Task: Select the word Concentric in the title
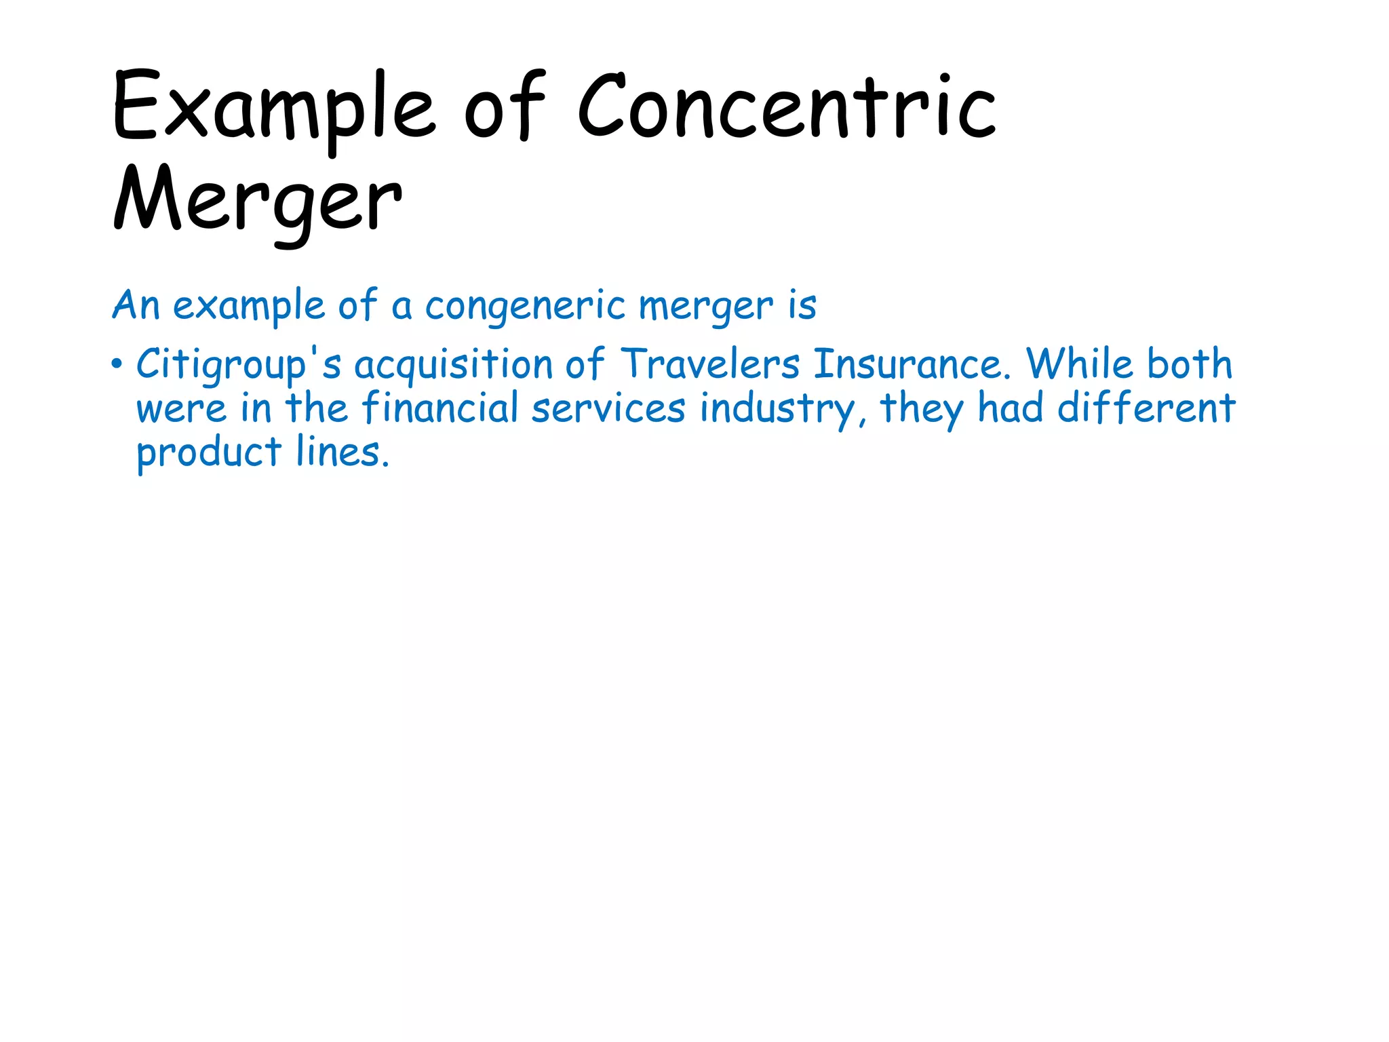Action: pyautogui.click(x=787, y=109)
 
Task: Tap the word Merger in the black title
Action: pyautogui.click(x=258, y=201)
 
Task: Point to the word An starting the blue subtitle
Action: pyautogui.click(x=136, y=305)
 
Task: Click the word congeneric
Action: pyautogui.click(x=525, y=307)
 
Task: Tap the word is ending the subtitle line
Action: pyautogui.click(x=802, y=305)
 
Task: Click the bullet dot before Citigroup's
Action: pyautogui.click(x=117, y=364)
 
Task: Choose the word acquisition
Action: pyautogui.click(x=454, y=365)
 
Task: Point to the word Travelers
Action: pyautogui.click(x=710, y=364)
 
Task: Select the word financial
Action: pyautogui.click(x=440, y=408)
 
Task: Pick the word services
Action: pyautogui.click(x=608, y=408)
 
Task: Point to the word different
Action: pyautogui.click(x=1146, y=408)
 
